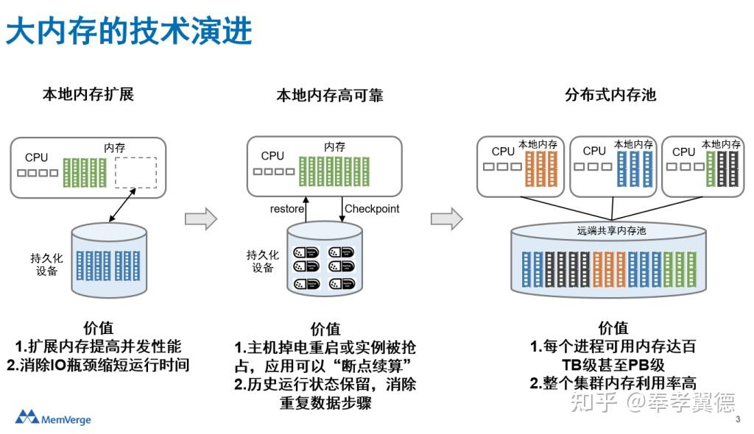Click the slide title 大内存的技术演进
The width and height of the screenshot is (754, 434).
130,32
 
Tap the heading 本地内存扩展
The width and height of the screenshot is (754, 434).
88,94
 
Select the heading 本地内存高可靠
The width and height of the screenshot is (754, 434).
329,96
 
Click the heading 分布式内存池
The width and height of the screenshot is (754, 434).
610,95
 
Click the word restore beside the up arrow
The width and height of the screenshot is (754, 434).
286,209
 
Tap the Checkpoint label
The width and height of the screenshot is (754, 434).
372,209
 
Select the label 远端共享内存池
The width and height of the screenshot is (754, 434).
610,231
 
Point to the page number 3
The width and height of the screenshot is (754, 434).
738,420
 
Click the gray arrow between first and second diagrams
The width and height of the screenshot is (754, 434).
200,218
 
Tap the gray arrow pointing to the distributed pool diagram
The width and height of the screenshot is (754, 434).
446,218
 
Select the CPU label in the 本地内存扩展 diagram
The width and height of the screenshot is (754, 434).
36,157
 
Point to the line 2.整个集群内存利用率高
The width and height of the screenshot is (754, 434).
613,383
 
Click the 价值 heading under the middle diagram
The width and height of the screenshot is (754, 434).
325,329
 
